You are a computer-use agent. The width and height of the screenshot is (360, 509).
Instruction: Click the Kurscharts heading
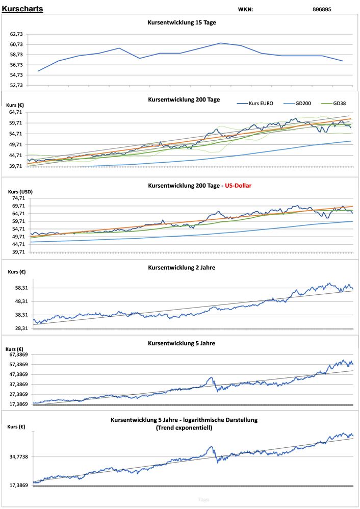pos(22,9)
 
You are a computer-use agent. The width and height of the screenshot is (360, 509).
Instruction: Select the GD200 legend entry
pos(304,104)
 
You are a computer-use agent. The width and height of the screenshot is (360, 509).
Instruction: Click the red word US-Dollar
pos(236,186)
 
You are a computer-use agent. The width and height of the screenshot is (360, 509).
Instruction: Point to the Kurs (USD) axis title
pos(20,192)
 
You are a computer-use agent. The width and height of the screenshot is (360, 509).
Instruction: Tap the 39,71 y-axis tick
pos(15,166)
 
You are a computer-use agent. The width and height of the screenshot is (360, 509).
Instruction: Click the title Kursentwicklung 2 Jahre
pos(181,267)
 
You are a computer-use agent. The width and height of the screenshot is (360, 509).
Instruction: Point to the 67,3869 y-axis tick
pos(18,354)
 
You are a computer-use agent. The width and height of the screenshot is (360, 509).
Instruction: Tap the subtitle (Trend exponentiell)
pos(184,428)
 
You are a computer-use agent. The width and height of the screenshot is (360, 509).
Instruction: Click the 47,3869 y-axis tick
pos(18,374)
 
